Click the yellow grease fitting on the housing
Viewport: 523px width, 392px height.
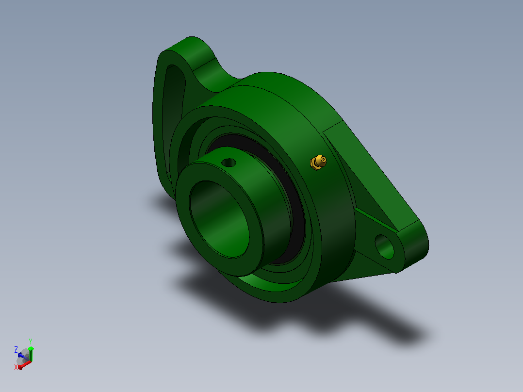click(x=318, y=162)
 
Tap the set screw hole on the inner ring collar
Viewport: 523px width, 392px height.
click(x=229, y=163)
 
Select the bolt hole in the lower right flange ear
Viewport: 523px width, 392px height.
click(x=384, y=246)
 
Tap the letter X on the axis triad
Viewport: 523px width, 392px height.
click(x=16, y=367)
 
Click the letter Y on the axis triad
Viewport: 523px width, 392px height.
click(x=31, y=342)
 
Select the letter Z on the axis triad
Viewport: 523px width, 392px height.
click(x=16, y=350)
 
